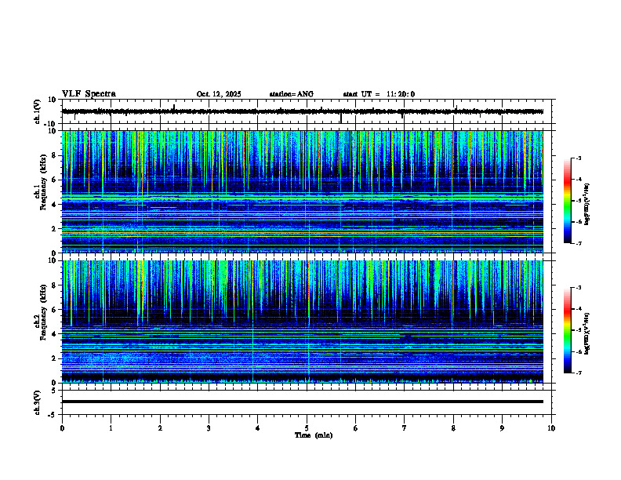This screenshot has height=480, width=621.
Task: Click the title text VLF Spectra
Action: [x=89, y=94]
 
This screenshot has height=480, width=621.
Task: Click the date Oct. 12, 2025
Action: [x=219, y=94]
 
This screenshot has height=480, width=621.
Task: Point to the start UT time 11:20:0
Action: [x=400, y=94]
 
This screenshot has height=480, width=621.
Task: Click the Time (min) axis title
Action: [x=313, y=435]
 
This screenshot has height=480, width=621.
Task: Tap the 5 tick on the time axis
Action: [x=307, y=427]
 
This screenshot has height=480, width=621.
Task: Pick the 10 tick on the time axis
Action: [x=552, y=427]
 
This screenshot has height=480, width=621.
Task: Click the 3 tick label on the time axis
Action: [x=209, y=427]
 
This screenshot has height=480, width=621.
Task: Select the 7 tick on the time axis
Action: [x=405, y=427]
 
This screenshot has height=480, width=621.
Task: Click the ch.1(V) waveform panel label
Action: [x=38, y=111]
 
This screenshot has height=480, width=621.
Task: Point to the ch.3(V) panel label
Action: [x=38, y=401]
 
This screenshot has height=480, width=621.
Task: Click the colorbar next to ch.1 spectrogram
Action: [x=574, y=201]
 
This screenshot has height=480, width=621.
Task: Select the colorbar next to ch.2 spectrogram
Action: [x=574, y=330]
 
